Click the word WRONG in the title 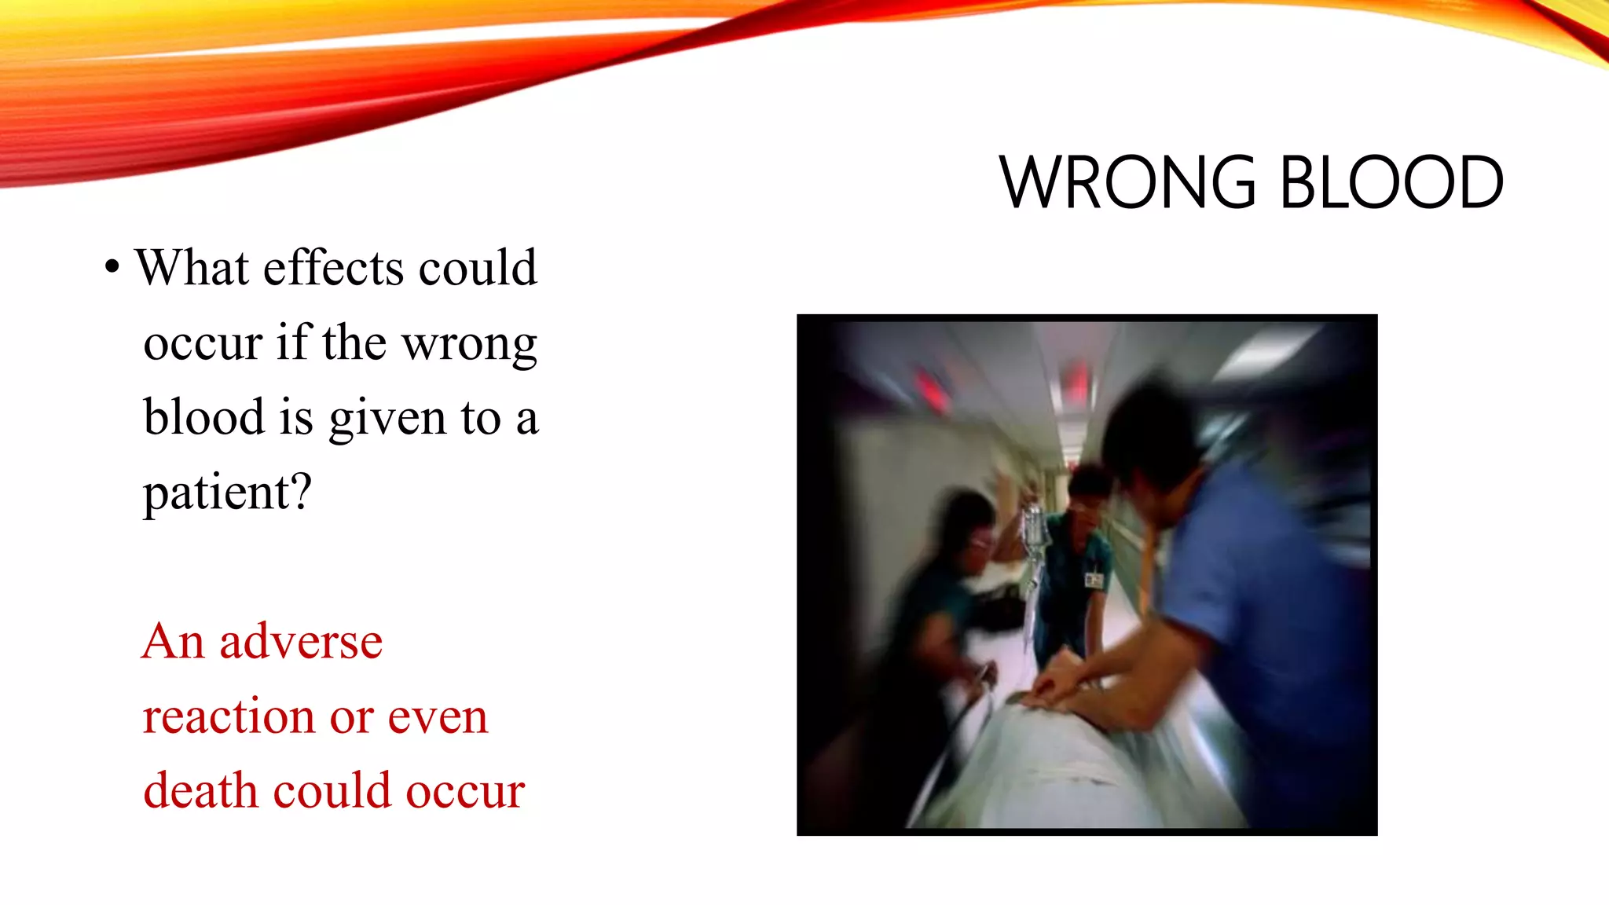click(x=1128, y=182)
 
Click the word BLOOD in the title click(x=1391, y=182)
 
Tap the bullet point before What click(x=112, y=268)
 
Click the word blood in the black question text click(x=203, y=416)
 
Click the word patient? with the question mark click(x=227, y=493)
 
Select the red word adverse click(x=301, y=642)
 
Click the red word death click(x=200, y=790)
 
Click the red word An click(x=173, y=641)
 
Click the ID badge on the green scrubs click(x=1094, y=580)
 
